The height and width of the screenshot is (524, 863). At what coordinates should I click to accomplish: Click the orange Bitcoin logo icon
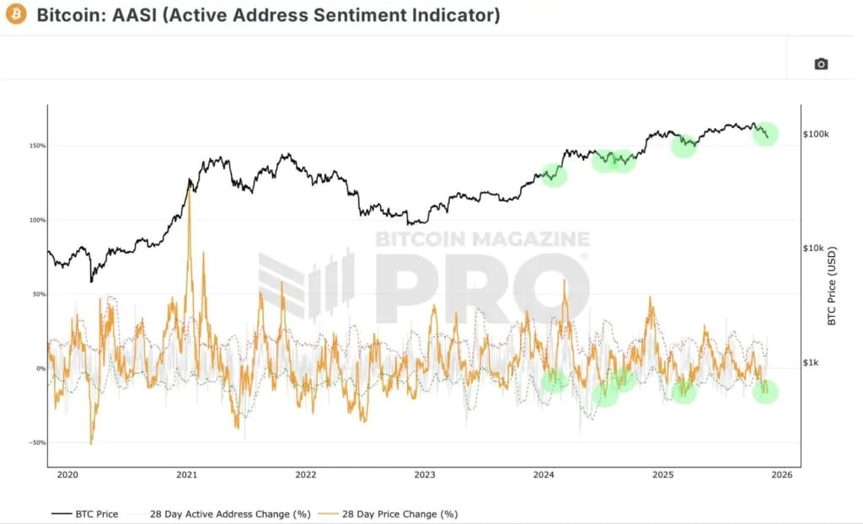(x=15, y=14)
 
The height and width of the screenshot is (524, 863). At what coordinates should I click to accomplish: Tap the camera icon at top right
(x=821, y=64)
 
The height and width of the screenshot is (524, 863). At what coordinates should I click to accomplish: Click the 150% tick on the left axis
(x=37, y=146)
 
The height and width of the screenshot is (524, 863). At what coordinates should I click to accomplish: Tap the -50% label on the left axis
(x=37, y=442)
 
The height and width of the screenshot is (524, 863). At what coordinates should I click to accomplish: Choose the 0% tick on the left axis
(x=40, y=368)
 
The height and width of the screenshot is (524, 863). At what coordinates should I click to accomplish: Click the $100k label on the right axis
(x=816, y=134)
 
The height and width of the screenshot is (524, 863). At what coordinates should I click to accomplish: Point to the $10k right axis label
(x=814, y=249)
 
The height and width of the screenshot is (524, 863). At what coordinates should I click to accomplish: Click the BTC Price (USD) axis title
(x=831, y=286)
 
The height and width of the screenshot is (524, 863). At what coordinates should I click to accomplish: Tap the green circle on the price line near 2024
(x=553, y=175)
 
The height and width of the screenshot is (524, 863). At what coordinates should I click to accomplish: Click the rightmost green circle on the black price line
(x=764, y=133)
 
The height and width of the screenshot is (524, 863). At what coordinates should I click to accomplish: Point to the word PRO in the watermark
(x=481, y=289)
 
